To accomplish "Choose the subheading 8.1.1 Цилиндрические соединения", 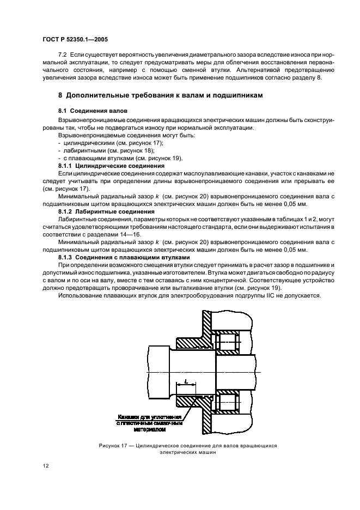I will coord(111,165).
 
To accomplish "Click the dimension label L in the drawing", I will coord(186,382).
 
